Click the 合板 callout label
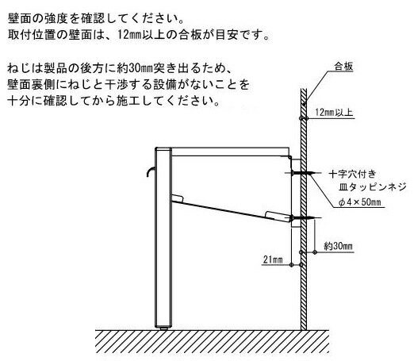coord(343,67)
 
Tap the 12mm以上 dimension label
coord(334,113)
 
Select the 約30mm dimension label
coord(338,246)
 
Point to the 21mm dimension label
coord(273,259)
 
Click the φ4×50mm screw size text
coord(360,202)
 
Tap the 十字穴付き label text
coord(352,174)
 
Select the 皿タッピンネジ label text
coord(372,187)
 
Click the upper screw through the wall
coord(302,173)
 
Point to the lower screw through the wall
coord(302,218)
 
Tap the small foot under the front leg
coord(163,328)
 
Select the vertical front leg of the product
coord(163,237)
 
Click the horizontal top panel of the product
coord(230,152)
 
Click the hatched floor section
coord(213,341)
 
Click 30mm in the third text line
coord(141,68)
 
